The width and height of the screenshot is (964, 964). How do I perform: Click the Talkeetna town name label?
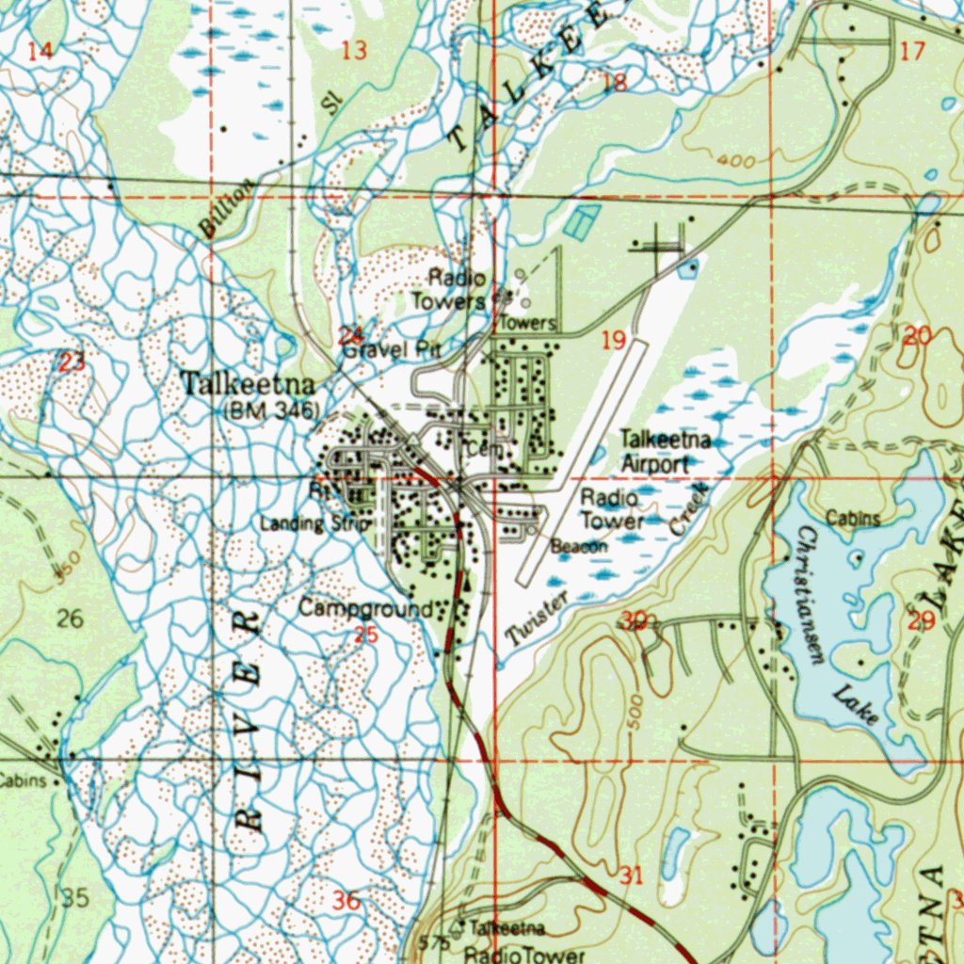click(x=247, y=384)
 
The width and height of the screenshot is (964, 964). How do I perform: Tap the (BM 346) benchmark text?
click(x=272, y=410)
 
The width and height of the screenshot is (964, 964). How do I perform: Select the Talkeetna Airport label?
click(x=665, y=452)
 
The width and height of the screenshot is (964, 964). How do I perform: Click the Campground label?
click(x=366, y=609)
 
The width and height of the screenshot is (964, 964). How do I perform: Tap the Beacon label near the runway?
click(x=579, y=546)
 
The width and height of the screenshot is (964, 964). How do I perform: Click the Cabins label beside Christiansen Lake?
click(x=853, y=519)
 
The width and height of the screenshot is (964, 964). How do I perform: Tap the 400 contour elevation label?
click(x=735, y=162)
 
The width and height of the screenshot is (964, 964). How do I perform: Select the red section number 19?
click(x=613, y=340)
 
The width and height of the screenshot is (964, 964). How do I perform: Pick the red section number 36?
click(x=346, y=901)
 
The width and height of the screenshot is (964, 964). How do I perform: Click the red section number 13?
click(x=354, y=51)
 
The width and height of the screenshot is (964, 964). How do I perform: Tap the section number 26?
click(x=70, y=619)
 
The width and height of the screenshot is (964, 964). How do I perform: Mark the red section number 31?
click(x=631, y=876)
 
